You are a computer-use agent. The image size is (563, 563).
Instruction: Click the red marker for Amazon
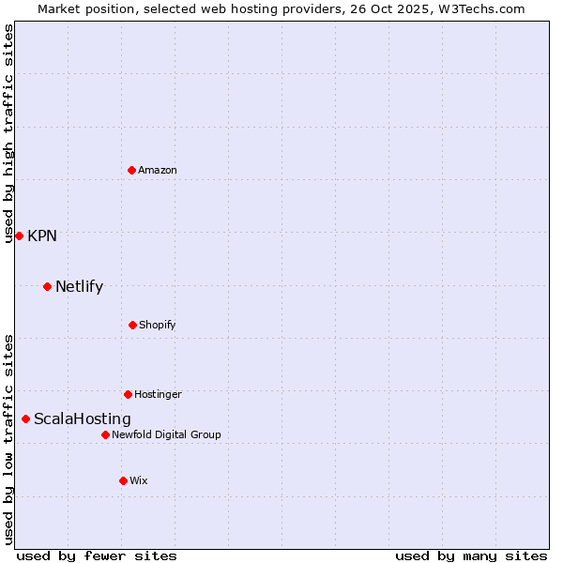tap(131, 170)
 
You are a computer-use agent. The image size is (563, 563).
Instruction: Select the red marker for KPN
tap(19, 236)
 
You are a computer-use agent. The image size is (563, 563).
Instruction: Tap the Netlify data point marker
tap(47, 286)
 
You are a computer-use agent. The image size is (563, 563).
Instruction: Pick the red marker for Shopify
tap(132, 325)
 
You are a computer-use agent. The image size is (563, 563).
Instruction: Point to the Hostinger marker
tap(128, 394)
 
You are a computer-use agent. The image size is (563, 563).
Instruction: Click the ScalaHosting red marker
tap(25, 418)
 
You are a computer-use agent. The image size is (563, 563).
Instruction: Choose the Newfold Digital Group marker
tap(105, 434)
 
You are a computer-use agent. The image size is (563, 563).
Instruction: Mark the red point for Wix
tap(123, 480)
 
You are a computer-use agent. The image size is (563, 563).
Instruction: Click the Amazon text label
tap(158, 170)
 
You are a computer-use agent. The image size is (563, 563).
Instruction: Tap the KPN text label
tap(42, 236)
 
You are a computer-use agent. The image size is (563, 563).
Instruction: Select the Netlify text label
tap(79, 286)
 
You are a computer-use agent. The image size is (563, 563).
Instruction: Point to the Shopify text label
tap(158, 325)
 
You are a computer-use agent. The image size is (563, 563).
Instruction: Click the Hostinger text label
tap(158, 394)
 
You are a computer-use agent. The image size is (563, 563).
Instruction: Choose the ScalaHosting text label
tap(83, 418)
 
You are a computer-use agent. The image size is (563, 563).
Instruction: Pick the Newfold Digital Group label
tap(166, 434)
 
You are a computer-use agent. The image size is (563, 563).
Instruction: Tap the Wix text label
tap(139, 480)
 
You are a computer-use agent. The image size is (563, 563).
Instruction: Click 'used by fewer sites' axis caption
tap(97, 555)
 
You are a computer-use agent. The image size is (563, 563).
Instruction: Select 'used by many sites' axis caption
tap(471, 555)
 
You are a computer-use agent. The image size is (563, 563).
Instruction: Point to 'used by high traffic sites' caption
tap(8, 133)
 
